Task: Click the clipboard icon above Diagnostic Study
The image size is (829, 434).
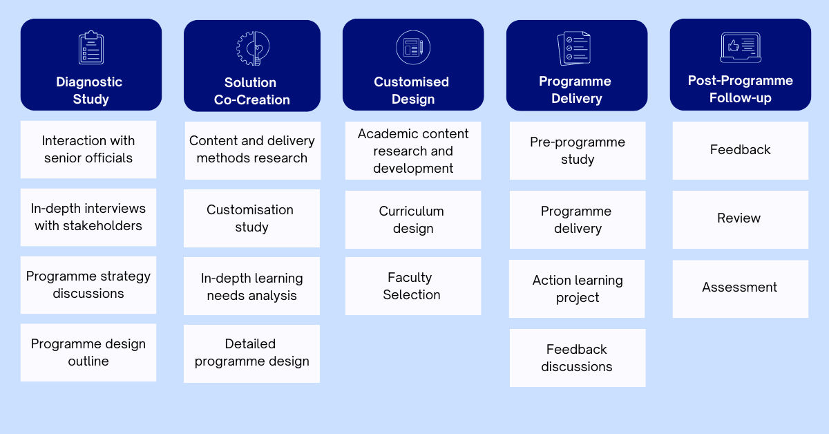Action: pos(90,48)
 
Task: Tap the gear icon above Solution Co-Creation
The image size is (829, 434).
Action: pos(252,48)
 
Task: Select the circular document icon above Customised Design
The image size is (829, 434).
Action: pos(413,48)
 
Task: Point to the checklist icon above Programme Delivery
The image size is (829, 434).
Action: pos(575,48)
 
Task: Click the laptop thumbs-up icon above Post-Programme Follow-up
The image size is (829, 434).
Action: pos(740,48)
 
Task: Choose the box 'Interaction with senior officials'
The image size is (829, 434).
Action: pos(88,149)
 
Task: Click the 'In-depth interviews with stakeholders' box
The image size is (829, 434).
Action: pos(88,217)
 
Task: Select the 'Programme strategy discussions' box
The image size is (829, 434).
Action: pos(88,285)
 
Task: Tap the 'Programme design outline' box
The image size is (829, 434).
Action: pos(88,352)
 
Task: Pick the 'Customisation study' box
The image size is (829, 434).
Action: pos(251,218)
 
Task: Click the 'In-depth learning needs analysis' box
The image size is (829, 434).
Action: pos(251,286)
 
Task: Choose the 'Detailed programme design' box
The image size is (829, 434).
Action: pos(251,354)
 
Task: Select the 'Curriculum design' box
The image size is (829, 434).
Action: pos(413,220)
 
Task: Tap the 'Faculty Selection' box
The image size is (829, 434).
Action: pos(413,286)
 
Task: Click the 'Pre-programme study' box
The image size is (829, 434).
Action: pos(578,151)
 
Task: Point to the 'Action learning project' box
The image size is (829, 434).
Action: pos(577,289)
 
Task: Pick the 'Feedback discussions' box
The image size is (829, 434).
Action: pos(578,358)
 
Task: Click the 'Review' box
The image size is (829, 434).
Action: pos(740,219)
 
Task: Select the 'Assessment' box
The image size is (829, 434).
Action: pos(740,288)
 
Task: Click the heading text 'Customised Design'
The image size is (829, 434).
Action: pos(412,91)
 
